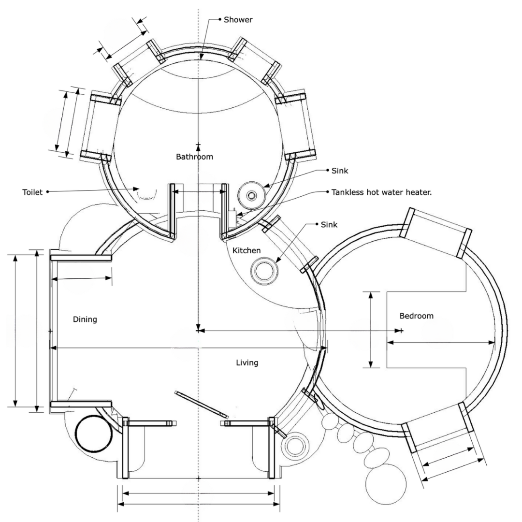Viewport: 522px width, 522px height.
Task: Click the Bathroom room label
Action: coord(194,157)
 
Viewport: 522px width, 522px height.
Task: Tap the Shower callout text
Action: coord(238,20)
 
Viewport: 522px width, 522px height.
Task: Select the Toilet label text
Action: coord(32,192)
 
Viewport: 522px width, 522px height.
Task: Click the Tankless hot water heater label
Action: coord(381,192)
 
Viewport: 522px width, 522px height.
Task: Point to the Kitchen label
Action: coord(246,250)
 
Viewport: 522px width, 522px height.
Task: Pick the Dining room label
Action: coord(85,319)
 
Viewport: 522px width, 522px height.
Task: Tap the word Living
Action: coord(247,362)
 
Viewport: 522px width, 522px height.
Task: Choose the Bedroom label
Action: coord(416,316)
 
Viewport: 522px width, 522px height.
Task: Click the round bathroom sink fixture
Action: coord(252,195)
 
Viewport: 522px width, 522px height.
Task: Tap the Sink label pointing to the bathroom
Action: coord(340,171)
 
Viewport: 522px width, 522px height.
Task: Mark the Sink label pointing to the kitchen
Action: coord(329,225)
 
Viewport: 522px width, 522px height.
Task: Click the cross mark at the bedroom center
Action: coord(401,331)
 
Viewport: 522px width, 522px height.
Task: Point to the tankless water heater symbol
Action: coord(233,218)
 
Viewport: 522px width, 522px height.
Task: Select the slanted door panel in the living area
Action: coord(202,404)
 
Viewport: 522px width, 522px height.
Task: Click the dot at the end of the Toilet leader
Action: coord(47,192)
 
